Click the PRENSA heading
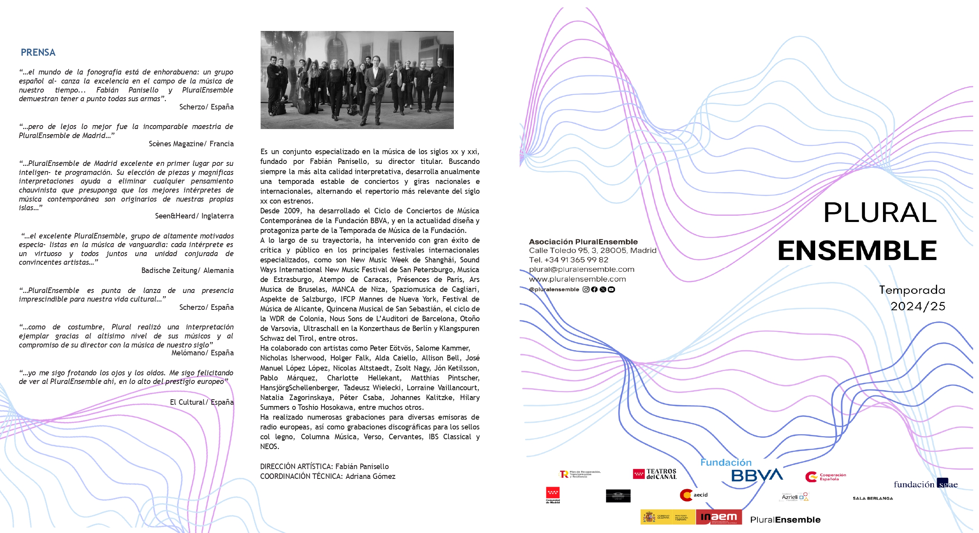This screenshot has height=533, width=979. click(x=38, y=53)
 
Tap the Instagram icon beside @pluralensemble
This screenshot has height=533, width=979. click(x=586, y=289)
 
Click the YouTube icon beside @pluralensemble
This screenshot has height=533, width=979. click(x=611, y=289)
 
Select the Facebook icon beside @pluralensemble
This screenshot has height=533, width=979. click(x=594, y=289)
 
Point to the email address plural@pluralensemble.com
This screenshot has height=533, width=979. click(x=582, y=269)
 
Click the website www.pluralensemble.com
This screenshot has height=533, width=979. click(x=577, y=279)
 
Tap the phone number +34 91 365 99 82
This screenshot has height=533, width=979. click(x=576, y=260)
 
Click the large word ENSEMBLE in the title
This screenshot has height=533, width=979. click(x=857, y=251)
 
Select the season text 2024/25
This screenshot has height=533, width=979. click(x=917, y=306)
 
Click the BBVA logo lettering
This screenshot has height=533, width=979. click(x=757, y=475)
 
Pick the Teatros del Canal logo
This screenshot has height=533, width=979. click(x=655, y=474)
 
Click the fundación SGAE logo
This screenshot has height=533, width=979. click(x=925, y=484)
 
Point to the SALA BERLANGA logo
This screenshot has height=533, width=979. click(x=873, y=498)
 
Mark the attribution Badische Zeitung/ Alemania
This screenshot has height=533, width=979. click(x=187, y=271)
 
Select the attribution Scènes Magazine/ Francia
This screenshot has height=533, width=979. click(x=191, y=144)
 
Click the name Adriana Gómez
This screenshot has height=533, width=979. click(x=370, y=477)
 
